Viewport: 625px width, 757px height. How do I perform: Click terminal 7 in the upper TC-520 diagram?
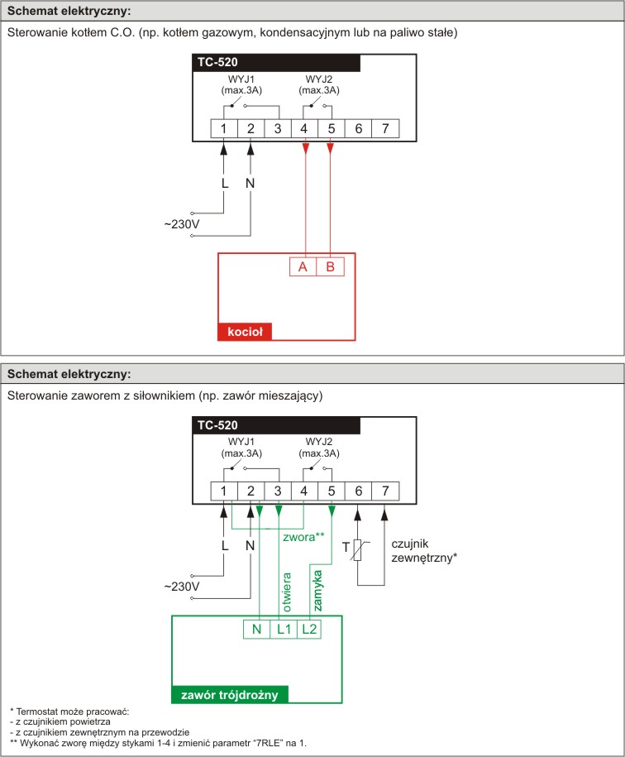click(385, 128)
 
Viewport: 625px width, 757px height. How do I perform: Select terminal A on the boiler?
click(303, 267)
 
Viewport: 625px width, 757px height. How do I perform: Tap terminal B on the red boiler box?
click(330, 267)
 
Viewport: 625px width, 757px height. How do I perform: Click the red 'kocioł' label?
click(245, 332)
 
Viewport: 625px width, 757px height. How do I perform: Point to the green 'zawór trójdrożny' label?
click(229, 694)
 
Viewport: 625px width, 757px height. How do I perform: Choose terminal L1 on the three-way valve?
click(284, 629)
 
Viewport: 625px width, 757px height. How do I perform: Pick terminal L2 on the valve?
click(310, 629)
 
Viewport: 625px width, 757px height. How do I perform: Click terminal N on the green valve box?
click(257, 629)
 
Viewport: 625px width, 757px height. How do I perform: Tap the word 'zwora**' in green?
click(303, 536)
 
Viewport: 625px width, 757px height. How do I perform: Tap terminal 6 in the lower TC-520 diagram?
click(359, 491)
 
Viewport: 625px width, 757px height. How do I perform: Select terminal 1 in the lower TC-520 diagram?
click(223, 491)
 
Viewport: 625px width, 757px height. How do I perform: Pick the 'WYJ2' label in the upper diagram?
click(319, 79)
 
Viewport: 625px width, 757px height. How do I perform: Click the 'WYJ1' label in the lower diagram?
click(237, 441)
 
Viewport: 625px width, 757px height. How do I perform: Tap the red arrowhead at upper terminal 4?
click(305, 147)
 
